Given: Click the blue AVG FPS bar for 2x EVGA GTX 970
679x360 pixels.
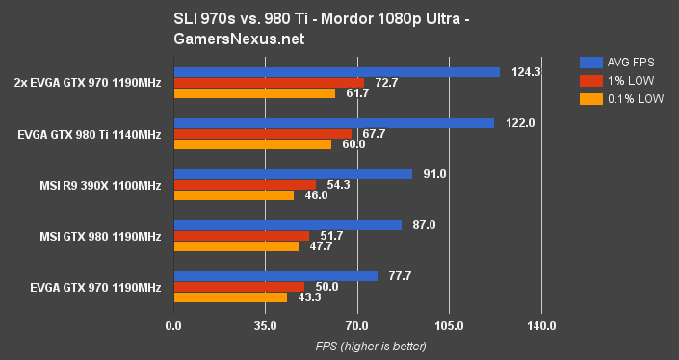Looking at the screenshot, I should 336,72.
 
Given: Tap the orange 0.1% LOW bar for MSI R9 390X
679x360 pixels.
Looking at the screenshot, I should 233,194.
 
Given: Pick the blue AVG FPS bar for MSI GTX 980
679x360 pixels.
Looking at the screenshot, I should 287,225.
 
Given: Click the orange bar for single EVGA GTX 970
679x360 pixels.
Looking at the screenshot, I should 230,297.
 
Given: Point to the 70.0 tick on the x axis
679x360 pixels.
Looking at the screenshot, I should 357,326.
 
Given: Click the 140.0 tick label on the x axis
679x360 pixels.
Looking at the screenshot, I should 541,326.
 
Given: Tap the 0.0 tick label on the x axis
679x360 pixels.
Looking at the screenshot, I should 173,326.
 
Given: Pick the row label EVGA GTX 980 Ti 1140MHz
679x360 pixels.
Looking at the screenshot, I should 90,134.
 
